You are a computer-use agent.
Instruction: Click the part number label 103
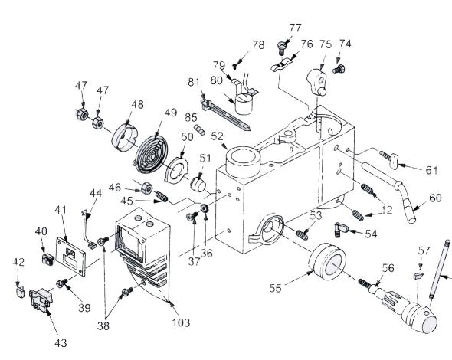pos(181,322)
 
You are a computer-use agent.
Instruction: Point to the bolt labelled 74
pos(339,69)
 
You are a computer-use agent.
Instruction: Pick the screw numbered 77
pos(282,47)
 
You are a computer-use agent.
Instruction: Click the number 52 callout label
pos(217,136)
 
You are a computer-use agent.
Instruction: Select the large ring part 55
pos(327,261)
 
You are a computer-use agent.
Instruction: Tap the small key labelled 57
pos(418,275)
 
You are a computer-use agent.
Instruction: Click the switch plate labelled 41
pos(71,257)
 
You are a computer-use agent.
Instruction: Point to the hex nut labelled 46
pos(147,188)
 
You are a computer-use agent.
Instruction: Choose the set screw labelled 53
pos(302,234)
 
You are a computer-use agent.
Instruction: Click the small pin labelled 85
pos(199,129)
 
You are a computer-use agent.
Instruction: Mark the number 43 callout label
pos(61,342)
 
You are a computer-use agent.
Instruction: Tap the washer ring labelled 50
pos(176,170)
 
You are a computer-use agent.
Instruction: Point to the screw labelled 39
pos(62,283)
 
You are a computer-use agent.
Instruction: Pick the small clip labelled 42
pos(19,292)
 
